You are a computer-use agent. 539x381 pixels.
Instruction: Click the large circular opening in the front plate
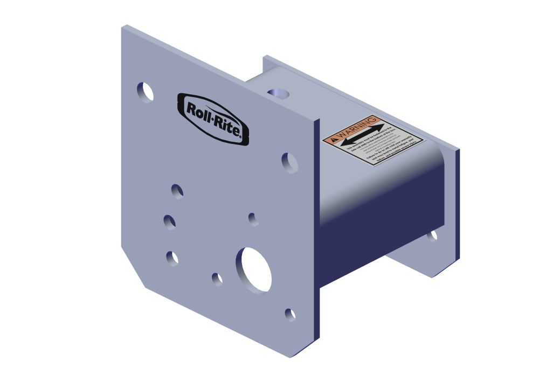(x=253, y=269)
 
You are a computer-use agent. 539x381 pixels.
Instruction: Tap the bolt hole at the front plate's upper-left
(x=145, y=92)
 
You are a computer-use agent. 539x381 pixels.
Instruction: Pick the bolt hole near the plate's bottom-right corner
(x=290, y=314)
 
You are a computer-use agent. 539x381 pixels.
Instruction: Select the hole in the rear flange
(x=432, y=235)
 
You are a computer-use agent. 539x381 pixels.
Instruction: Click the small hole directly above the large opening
(x=252, y=218)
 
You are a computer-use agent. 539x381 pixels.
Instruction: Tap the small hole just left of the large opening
(x=217, y=279)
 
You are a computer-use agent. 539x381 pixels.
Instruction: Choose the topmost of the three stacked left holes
(x=177, y=191)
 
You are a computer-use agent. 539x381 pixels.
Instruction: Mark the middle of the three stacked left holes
(x=169, y=221)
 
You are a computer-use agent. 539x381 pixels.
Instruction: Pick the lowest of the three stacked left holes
(x=172, y=258)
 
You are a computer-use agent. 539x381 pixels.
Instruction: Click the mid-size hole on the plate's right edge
(x=289, y=162)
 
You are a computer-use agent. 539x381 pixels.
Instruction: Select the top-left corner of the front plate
(x=123, y=26)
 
